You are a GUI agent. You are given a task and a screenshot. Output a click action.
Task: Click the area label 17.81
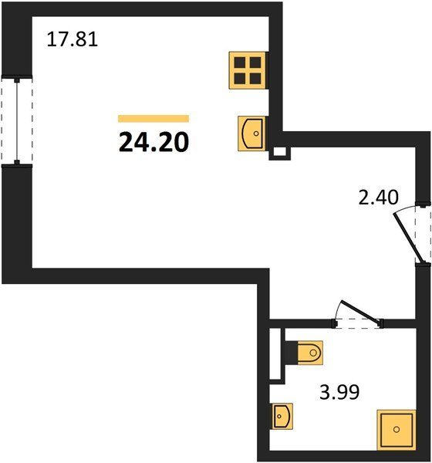point(73,39)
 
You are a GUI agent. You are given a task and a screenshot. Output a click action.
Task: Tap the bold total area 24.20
point(154,142)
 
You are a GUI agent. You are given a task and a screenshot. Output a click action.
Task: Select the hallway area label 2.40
point(378,197)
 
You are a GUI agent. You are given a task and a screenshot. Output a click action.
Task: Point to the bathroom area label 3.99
point(339,392)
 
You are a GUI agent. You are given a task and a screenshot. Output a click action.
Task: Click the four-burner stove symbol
point(248,70)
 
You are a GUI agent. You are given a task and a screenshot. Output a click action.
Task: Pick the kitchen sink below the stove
point(251,133)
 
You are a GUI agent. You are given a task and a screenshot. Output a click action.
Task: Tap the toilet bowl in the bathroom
point(310,353)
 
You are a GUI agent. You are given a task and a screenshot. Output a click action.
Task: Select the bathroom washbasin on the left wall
point(282,416)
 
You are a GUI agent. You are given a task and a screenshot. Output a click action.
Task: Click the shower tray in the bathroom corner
point(397,430)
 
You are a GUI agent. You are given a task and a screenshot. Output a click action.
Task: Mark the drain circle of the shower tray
point(397,429)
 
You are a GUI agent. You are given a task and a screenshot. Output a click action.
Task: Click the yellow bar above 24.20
point(154,118)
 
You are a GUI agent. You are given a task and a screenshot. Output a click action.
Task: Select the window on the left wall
point(17,121)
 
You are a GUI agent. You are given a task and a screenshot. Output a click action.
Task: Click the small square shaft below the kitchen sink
point(279,153)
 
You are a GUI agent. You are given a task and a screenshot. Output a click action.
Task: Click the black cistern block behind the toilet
point(291,353)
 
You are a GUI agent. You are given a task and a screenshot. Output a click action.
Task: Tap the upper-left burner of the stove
point(240,63)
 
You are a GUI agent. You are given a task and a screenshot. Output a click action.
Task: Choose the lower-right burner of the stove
point(255,79)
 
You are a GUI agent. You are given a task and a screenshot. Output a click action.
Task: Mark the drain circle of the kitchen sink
point(256,133)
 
